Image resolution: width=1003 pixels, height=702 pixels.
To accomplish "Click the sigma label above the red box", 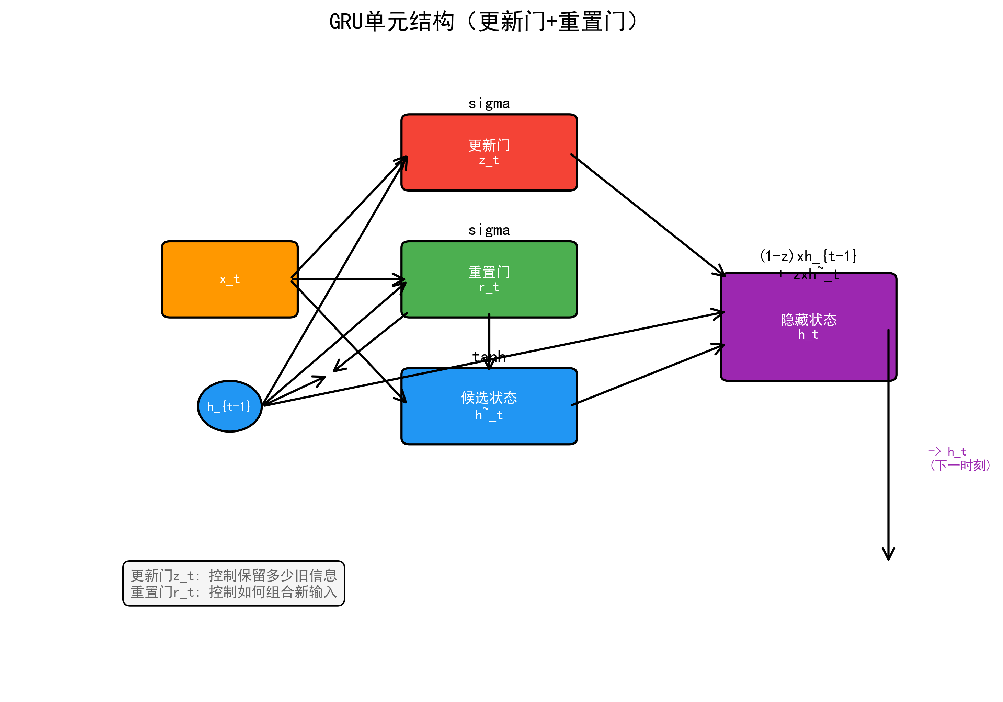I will (x=489, y=104).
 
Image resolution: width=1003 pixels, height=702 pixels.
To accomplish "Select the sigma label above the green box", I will (x=489, y=230).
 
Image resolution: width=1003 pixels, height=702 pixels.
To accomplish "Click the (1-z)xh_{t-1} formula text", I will (x=808, y=256).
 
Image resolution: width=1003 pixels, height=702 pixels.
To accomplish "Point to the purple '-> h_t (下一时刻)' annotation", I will (x=959, y=459).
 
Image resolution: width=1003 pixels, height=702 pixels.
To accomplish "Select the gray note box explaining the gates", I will (x=234, y=583).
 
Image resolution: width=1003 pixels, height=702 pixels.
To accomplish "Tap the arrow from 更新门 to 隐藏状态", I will (x=647, y=214).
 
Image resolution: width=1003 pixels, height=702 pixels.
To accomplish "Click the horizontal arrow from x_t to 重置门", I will (x=350, y=279).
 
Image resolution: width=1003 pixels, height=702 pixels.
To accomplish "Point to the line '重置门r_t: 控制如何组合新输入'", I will (x=234, y=592).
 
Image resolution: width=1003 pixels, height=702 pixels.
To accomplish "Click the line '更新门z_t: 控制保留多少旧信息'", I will (x=234, y=575).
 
